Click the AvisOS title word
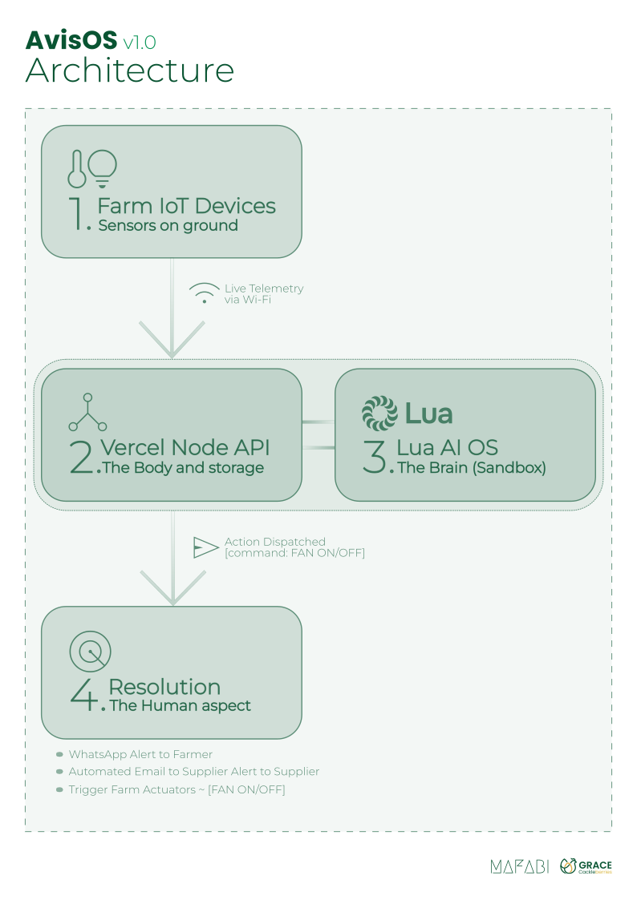tap(71, 41)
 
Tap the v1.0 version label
tap(140, 42)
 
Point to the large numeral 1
tap(80, 212)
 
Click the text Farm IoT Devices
tap(186, 206)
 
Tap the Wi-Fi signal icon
tap(204, 293)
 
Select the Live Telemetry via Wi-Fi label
tap(264, 294)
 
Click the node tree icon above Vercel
tap(87, 413)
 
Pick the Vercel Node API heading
tap(185, 447)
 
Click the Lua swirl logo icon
tap(379, 414)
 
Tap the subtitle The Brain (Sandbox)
tap(472, 468)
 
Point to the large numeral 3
tap(375, 456)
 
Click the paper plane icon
tap(205, 547)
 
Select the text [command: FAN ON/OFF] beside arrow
tap(294, 553)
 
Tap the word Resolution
tap(164, 687)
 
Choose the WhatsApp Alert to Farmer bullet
tap(140, 754)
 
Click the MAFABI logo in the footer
tap(519, 866)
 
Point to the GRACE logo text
tap(594, 864)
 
